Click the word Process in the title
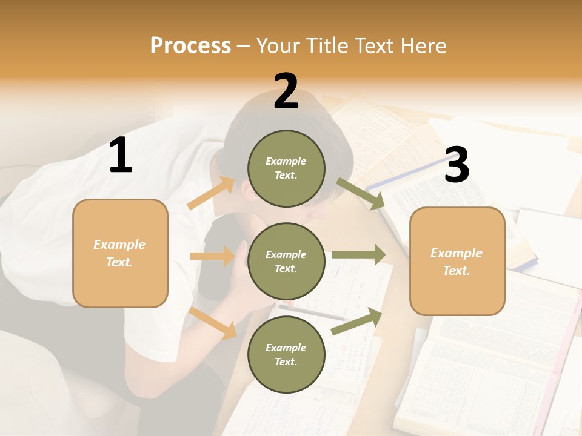pos(190,45)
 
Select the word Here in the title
pos(422,45)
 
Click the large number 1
pos(121,156)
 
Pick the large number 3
pos(457,165)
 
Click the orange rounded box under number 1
pos(120,253)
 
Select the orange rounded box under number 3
pos(457,261)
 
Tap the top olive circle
pos(286,168)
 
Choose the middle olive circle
pos(286,262)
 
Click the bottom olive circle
pos(286,355)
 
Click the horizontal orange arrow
pos(212,256)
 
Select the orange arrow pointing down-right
pos(213,323)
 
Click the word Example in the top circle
pos(286,161)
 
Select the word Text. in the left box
pos(119,262)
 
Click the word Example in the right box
pos(457,253)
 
